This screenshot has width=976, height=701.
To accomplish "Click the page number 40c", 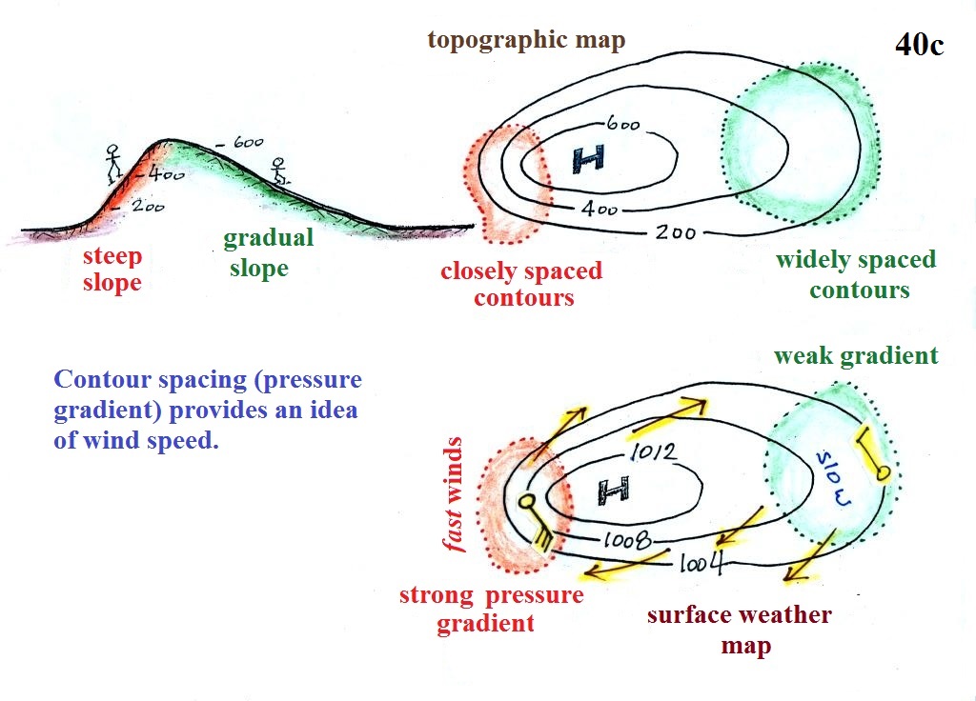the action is [920, 45].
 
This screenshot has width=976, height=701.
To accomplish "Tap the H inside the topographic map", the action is [588, 158].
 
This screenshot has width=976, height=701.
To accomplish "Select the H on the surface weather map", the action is [613, 491].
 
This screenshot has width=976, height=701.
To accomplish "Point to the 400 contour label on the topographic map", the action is [599, 210].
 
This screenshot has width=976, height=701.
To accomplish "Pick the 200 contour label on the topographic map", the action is [676, 233].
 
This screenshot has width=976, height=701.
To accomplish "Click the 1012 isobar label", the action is [653, 451].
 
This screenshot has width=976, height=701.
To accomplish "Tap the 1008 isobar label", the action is [627, 540].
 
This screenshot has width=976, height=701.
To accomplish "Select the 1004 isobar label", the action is [702, 564].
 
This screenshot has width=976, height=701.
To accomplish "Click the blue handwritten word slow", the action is [834, 478].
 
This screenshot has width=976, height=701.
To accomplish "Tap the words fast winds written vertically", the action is [453, 494].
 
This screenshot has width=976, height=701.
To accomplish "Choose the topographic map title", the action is [526, 40].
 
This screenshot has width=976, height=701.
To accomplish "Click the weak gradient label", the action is [856, 356].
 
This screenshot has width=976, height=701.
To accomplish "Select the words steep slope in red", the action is [112, 270].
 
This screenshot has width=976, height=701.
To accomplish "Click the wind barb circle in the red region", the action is [526, 501].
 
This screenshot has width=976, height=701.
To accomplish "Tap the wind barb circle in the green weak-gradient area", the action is [884, 473].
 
